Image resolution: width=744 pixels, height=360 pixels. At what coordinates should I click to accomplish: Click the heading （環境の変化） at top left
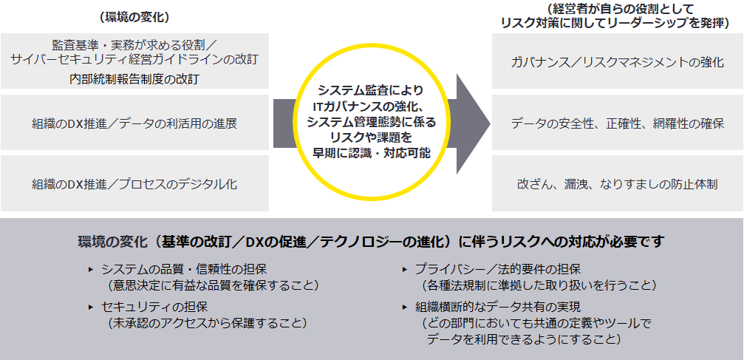(x=134, y=16)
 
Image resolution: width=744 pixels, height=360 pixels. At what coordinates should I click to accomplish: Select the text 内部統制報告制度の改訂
(x=134, y=78)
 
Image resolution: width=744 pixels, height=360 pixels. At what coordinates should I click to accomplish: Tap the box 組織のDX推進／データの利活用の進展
(x=134, y=123)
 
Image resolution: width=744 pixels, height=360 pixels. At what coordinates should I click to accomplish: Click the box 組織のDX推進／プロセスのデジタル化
(x=134, y=183)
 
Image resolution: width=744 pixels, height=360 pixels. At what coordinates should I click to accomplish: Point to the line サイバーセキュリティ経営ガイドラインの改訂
(x=134, y=60)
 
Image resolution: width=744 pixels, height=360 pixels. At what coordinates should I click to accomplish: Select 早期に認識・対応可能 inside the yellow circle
(x=372, y=152)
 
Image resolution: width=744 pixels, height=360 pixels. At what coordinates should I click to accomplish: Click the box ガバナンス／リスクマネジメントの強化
(x=617, y=62)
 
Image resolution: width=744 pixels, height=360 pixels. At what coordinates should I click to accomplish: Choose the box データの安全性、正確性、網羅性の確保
(x=617, y=123)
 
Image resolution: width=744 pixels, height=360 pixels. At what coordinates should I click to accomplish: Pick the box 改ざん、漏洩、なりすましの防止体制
(x=617, y=183)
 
